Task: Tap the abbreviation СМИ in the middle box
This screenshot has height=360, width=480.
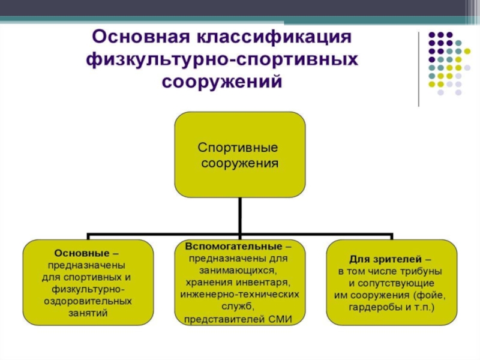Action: pyautogui.click(x=280, y=319)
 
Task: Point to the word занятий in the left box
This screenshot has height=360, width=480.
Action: pyautogui.click(x=88, y=313)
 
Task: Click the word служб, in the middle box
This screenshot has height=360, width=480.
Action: pyautogui.click(x=239, y=307)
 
